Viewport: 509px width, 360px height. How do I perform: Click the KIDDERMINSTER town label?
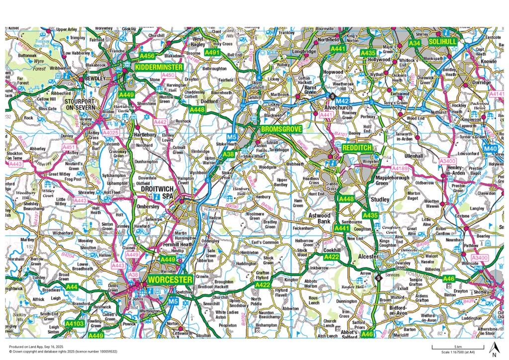(x=159, y=66)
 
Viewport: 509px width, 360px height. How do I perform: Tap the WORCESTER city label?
(x=170, y=280)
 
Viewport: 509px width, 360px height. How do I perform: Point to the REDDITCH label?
(x=356, y=148)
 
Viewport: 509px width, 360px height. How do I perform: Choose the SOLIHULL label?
(x=442, y=42)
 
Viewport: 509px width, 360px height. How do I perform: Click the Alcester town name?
(x=368, y=257)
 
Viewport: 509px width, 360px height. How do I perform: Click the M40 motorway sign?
(x=490, y=149)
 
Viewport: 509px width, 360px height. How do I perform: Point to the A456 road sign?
(x=147, y=56)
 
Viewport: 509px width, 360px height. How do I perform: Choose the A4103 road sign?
(x=75, y=324)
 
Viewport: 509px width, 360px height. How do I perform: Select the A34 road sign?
(x=415, y=44)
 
